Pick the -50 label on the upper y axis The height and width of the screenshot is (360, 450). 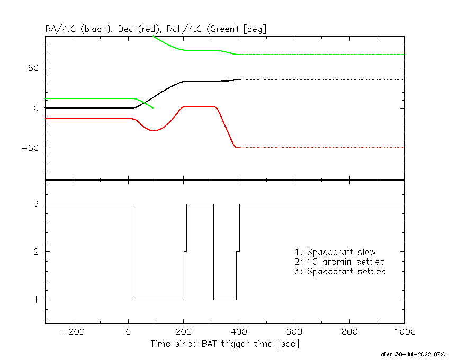click(31, 148)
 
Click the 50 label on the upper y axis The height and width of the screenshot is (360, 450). click(35, 68)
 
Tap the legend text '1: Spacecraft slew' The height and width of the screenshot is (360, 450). click(335, 252)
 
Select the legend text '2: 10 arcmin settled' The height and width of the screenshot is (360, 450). click(339, 262)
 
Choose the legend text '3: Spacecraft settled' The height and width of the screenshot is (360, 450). click(340, 272)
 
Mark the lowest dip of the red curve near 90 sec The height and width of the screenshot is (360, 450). click(154, 130)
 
